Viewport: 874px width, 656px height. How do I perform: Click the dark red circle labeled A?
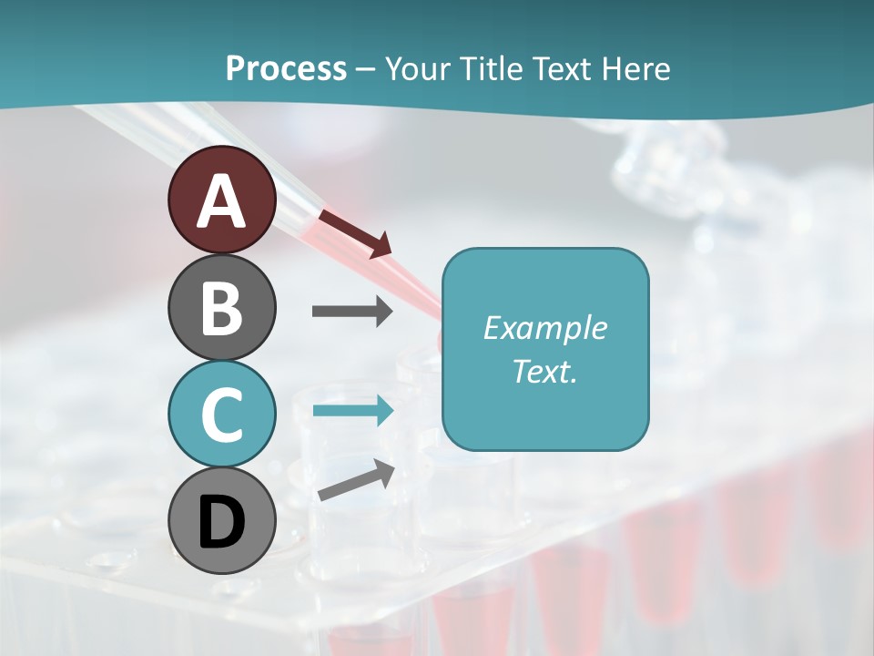click(221, 200)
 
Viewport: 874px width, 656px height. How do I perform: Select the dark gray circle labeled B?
click(221, 307)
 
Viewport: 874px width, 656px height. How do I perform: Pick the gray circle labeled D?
click(221, 520)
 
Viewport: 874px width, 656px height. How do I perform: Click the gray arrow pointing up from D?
click(356, 480)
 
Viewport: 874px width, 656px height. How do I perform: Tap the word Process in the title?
click(286, 68)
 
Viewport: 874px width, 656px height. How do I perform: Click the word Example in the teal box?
click(544, 328)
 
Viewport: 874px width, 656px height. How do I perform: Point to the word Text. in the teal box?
click(544, 371)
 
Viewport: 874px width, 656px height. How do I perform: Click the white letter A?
click(221, 201)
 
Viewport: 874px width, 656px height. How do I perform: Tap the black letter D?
click(221, 522)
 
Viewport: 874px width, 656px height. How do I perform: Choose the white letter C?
click(221, 415)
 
